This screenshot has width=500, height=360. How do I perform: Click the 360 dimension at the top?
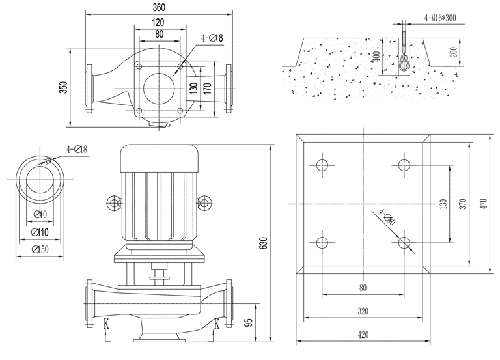tap(158, 7)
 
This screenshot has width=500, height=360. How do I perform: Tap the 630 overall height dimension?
tap(264, 242)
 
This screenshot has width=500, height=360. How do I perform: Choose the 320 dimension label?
tap(363, 312)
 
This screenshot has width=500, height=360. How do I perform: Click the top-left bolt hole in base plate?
tap(322, 163)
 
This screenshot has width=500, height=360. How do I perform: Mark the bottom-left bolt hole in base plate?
tap(322, 243)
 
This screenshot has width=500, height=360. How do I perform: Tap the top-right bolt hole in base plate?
tap(404, 163)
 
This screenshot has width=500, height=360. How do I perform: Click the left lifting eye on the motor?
tap(115, 203)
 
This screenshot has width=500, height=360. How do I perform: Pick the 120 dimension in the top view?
tap(158, 21)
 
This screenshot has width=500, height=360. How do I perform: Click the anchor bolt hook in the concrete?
tap(404, 61)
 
